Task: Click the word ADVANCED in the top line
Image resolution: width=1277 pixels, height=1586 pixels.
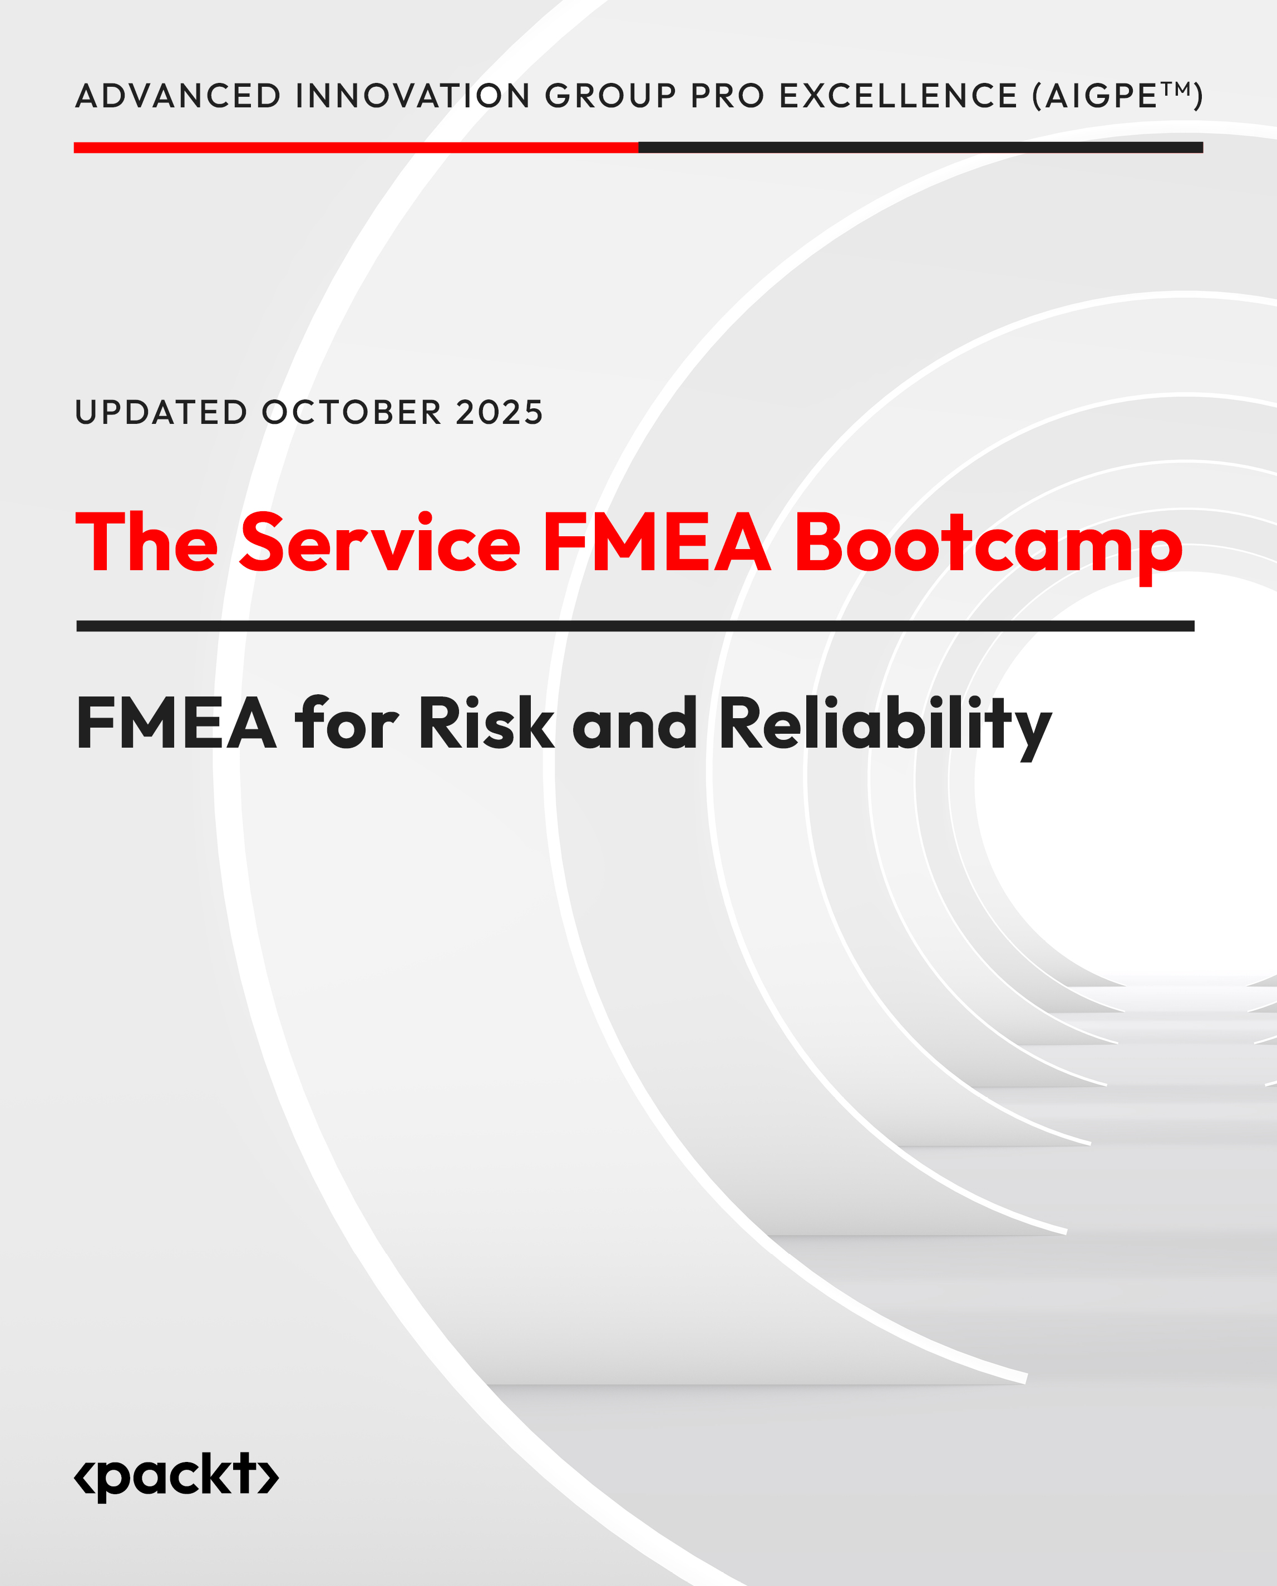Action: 178,96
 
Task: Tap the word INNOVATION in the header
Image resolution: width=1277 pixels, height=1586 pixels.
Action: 413,96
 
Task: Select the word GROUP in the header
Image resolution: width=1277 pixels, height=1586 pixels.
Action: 610,96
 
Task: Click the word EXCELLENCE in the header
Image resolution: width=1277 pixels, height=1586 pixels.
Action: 898,96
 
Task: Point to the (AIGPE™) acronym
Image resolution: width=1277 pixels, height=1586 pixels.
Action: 1117,96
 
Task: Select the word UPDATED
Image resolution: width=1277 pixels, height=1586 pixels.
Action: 161,413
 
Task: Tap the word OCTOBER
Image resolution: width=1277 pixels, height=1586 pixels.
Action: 352,413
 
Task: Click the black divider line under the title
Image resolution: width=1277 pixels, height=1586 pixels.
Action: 635,626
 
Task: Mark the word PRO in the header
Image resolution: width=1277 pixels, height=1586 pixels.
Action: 727,96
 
